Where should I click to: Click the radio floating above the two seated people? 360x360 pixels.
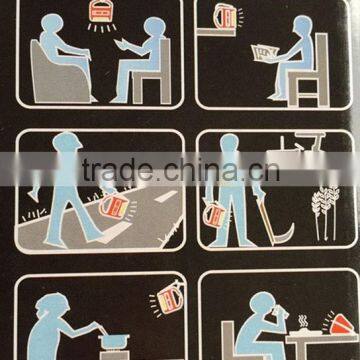tap(102, 11)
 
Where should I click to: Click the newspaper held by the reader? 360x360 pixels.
tap(265, 53)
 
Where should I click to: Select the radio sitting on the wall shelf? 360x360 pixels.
tap(225, 16)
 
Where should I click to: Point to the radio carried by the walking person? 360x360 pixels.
tap(114, 207)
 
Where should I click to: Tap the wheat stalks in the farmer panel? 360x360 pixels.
tap(326, 213)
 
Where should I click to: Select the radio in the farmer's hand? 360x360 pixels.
tap(215, 215)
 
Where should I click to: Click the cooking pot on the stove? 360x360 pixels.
tap(113, 342)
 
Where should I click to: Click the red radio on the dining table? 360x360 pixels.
tap(342, 323)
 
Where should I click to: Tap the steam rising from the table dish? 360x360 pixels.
tap(303, 322)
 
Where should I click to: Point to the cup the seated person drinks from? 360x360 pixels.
tap(282, 312)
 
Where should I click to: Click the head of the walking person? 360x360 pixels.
tap(67, 142)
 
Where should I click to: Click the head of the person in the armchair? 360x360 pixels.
tap(52, 23)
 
